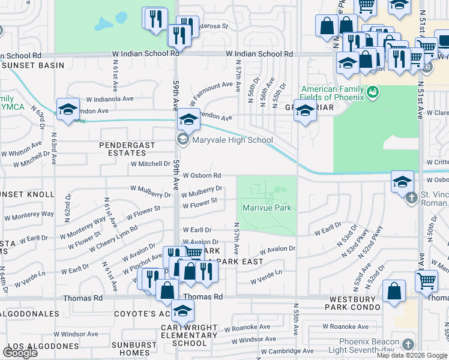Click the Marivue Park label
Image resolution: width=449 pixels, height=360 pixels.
tap(267, 208)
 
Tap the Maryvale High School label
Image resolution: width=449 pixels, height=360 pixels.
tap(232, 140)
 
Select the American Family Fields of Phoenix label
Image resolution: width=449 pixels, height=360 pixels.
tap(333, 93)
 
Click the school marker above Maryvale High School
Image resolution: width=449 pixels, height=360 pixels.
tap(188, 119)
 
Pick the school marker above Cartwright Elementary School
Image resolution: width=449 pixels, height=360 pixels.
tap(182, 311)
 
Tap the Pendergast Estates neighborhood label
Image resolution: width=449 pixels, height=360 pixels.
tap(127, 149)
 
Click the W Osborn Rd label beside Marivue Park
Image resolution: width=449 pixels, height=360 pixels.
tap(202, 175)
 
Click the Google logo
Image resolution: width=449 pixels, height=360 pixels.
tap(20, 353)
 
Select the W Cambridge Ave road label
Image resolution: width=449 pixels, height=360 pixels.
tap(287, 351)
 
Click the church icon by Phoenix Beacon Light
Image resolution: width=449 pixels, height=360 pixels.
tap(408, 344)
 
